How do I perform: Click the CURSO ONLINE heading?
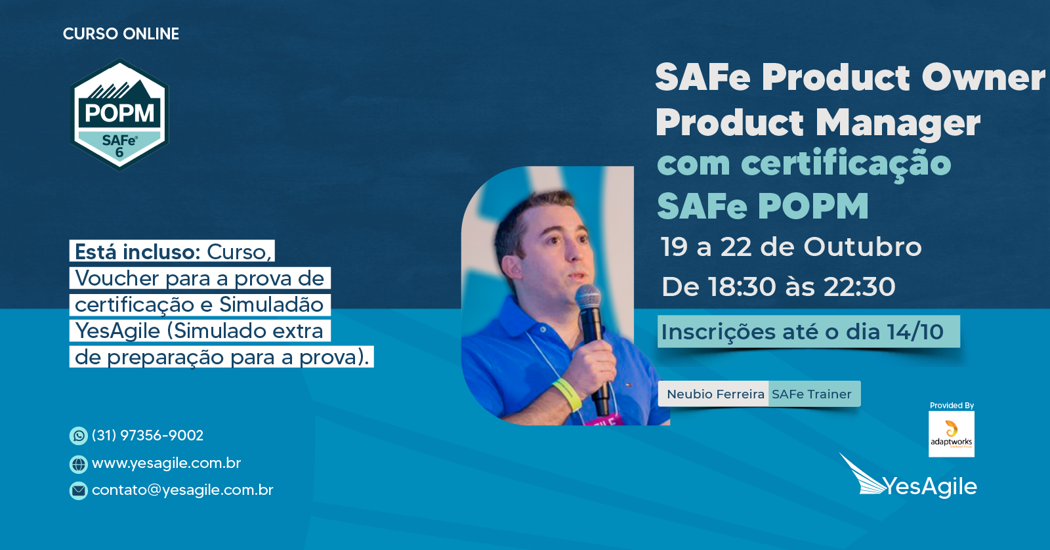(121, 33)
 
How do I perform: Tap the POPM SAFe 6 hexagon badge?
(119, 114)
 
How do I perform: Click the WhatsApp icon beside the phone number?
(78, 436)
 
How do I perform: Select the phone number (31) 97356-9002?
(148, 436)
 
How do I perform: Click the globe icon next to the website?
(78, 464)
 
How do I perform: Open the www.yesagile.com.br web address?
(167, 463)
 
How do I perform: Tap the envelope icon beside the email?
(78, 490)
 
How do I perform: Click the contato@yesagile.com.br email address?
(182, 490)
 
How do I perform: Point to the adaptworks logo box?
(951, 434)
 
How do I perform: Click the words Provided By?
(952, 406)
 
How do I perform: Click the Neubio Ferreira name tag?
(715, 394)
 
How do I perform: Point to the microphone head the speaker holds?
(588, 297)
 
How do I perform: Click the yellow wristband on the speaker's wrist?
(567, 393)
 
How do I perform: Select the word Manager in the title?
(898, 122)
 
